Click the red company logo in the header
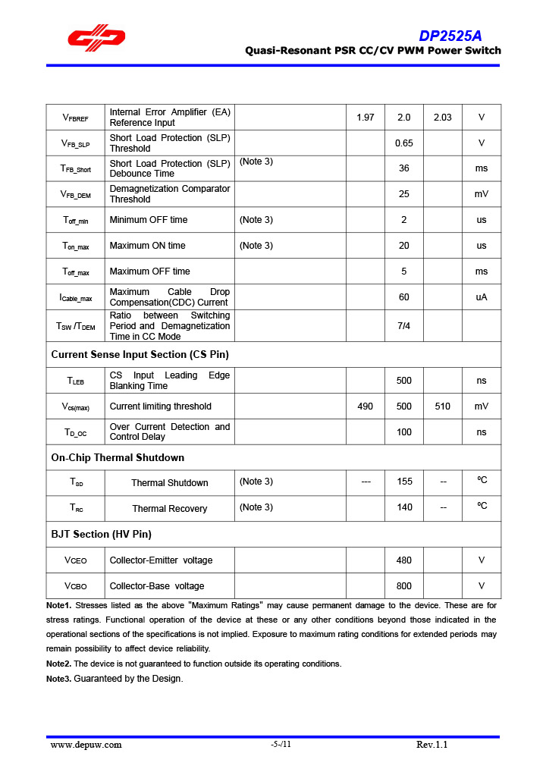pos(96,39)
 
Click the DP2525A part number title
pos(450,36)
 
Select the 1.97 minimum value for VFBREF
pos(365,118)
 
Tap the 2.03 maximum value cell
pos(442,118)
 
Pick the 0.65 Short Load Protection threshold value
pos(404,143)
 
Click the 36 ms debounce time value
pos(404,168)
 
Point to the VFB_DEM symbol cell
pos(76,194)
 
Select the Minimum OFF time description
pos(149,220)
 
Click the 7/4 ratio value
pos(404,326)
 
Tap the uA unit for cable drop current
pos(482,297)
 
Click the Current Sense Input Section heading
pos(140,354)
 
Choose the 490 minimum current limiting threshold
pos(365,406)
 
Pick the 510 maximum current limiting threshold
pos(442,406)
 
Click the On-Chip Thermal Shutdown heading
pos(118,457)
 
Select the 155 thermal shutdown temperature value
pos(404,482)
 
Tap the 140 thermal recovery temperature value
pos(404,508)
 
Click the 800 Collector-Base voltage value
pos(404,585)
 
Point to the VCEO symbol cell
pos(76,560)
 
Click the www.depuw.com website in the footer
pos(86,745)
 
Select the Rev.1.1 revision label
pos(432,745)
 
